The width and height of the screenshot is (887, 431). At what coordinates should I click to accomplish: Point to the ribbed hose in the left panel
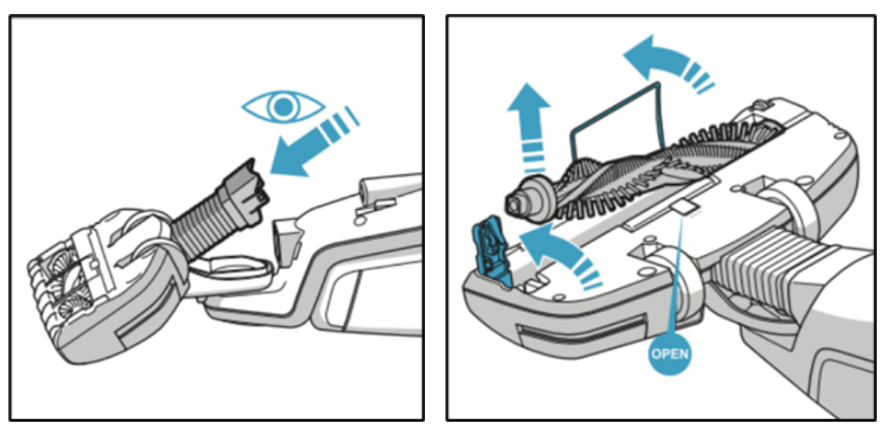point(209,222)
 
